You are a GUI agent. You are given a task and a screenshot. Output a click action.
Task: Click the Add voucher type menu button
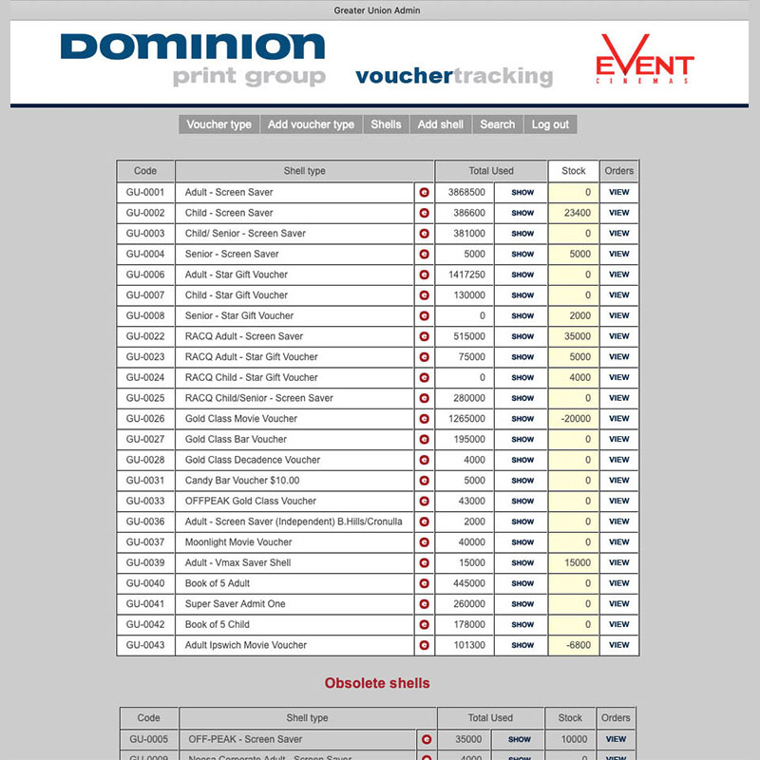click(311, 124)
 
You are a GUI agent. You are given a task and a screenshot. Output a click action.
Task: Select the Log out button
click(550, 124)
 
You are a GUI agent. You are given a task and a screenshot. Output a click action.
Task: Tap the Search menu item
click(497, 124)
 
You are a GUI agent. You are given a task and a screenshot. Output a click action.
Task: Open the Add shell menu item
click(441, 124)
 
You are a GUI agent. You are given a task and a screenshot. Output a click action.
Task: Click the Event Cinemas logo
click(644, 61)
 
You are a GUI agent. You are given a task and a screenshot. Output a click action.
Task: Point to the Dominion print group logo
click(193, 60)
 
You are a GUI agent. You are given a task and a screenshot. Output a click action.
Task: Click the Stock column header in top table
click(574, 171)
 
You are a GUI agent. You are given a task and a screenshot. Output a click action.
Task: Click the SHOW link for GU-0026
click(522, 419)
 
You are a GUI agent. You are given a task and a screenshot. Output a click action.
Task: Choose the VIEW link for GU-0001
click(619, 192)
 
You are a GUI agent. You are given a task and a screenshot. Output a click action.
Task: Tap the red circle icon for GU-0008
click(424, 315)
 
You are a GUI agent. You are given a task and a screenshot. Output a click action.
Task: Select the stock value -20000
click(574, 419)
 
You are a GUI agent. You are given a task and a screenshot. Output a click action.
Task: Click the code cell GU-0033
click(145, 501)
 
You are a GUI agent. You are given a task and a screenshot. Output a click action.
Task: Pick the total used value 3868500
click(466, 192)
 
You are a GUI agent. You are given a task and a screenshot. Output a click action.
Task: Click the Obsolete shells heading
click(377, 683)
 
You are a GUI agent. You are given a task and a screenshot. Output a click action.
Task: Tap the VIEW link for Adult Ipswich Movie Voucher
click(619, 645)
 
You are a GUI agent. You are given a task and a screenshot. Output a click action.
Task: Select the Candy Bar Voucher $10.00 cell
click(242, 481)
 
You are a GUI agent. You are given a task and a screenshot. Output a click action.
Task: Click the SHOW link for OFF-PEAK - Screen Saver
click(520, 739)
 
